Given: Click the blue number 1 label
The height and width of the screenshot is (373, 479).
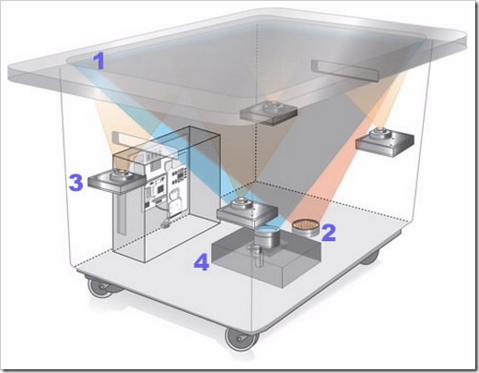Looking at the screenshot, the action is (99, 61).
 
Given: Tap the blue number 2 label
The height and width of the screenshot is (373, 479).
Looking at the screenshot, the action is (328, 233).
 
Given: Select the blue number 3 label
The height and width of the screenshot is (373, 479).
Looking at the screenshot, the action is (76, 183).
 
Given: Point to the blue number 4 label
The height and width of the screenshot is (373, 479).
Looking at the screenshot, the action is (202, 262).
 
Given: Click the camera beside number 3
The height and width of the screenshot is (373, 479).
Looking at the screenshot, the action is (116, 181).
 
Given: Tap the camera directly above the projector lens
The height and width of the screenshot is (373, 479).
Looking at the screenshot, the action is (247, 211).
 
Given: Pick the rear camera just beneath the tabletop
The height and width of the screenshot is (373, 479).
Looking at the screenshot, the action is (269, 113).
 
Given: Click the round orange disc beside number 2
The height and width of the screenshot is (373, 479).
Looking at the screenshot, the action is (306, 227).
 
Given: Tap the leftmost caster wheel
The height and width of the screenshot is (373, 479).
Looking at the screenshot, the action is (99, 287).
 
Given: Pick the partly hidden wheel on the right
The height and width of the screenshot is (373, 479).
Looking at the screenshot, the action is (370, 258).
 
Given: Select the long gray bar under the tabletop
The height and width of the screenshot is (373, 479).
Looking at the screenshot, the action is (345, 71).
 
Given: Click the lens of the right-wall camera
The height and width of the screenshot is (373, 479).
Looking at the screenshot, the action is (380, 133).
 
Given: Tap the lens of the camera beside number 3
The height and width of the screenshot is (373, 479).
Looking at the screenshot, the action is (120, 174).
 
